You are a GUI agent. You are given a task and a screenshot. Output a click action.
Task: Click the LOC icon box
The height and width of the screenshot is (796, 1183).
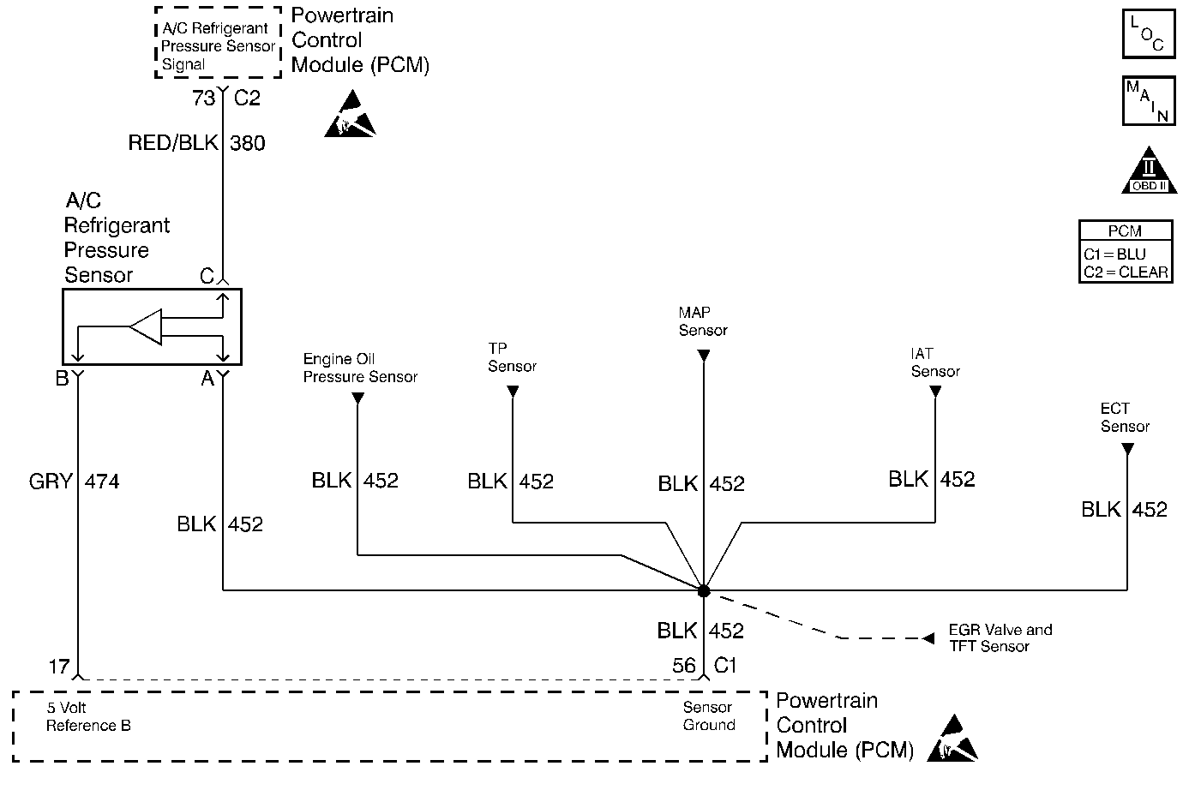[x=1149, y=33]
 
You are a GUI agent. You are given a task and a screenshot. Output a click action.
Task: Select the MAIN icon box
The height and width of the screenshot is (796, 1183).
[x=1149, y=101]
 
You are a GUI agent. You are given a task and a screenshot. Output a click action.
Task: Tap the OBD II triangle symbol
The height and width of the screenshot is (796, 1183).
[x=1149, y=171]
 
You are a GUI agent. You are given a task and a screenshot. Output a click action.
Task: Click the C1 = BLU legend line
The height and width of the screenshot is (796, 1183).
[x=1114, y=254]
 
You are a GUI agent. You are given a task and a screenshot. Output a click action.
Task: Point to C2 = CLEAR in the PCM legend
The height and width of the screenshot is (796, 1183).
[x=1126, y=272]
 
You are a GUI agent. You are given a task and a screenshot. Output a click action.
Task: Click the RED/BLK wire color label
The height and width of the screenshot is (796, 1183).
[x=173, y=142]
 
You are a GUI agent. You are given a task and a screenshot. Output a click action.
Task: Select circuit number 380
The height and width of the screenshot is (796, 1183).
[x=248, y=143]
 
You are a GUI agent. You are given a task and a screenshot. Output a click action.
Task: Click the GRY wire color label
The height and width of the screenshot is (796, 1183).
[x=51, y=482]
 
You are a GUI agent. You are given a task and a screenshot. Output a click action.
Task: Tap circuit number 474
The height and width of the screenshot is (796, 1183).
[x=103, y=482]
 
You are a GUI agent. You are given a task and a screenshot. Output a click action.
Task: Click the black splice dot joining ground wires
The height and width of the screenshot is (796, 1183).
[x=704, y=591]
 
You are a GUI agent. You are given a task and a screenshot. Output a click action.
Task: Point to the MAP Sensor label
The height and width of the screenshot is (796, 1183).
[x=703, y=321]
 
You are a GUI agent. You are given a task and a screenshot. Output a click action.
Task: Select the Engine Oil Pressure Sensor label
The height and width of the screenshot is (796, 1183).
[x=360, y=368]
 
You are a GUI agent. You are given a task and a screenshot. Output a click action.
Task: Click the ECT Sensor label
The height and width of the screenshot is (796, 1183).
[x=1125, y=417]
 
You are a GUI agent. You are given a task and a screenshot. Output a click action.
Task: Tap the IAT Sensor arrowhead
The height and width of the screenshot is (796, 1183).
[x=935, y=391]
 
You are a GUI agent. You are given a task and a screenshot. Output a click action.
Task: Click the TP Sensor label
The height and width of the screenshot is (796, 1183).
[x=512, y=357]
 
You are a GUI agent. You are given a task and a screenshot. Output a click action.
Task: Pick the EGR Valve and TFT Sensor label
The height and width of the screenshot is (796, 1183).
[x=1000, y=637]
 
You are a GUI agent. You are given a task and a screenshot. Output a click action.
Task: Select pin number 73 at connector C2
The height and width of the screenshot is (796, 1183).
[x=203, y=98]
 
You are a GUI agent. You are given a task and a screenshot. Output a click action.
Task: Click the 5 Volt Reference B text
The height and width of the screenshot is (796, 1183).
[x=88, y=716]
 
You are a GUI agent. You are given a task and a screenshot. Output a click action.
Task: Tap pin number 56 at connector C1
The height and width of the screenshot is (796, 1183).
[x=683, y=666]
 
